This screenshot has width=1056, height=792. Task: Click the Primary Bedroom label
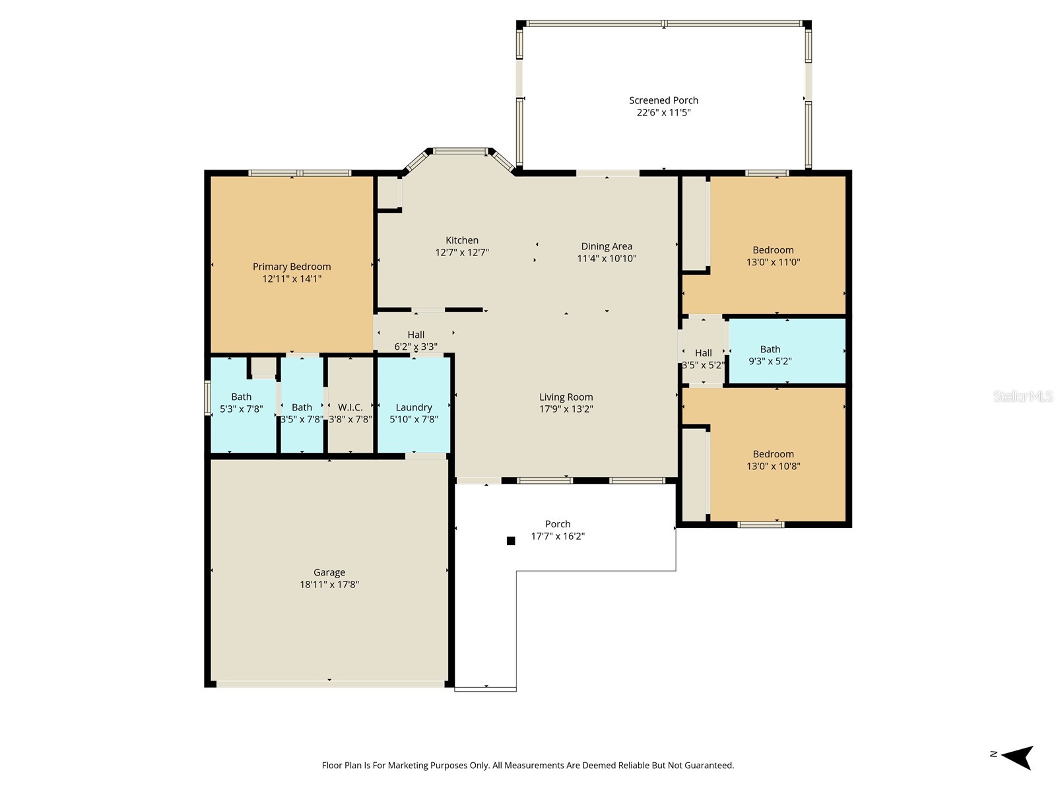click(x=292, y=267)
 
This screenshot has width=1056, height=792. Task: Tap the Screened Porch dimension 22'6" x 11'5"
click(x=663, y=113)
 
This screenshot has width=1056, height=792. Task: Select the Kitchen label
click(x=462, y=240)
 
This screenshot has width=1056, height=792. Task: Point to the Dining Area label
click(x=607, y=247)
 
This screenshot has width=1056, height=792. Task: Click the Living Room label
click(x=566, y=397)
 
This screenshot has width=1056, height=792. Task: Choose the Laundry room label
click(x=414, y=407)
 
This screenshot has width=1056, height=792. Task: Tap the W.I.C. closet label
click(x=350, y=407)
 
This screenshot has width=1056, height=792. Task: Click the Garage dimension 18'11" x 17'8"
click(x=329, y=585)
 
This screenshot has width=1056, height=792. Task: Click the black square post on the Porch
click(x=510, y=541)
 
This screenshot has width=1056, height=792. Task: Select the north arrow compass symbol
click(x=1017, y=757)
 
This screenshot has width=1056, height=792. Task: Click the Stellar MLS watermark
click(x=1022, y=397)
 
